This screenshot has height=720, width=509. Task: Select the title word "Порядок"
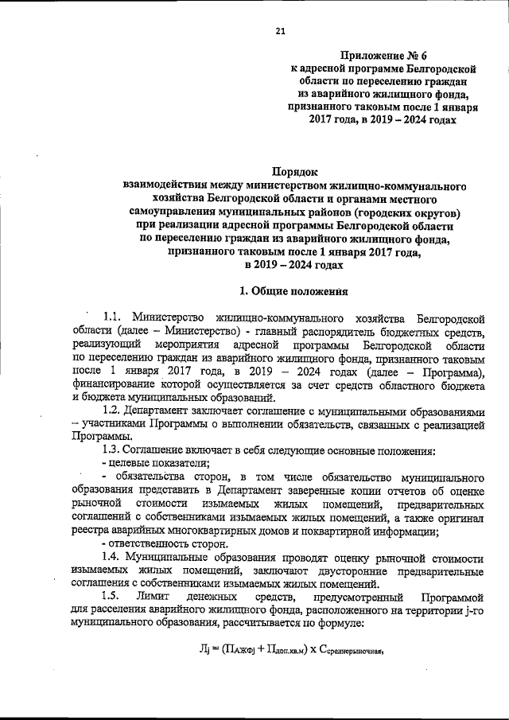[x=294, y=170]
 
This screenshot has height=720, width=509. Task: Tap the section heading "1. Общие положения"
[x=294, y=290]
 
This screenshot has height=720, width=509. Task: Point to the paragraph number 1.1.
[x=115, y=319]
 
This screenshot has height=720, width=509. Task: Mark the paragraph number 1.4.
[x=114, y=555]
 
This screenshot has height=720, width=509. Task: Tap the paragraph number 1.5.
[x=114, y=596]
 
